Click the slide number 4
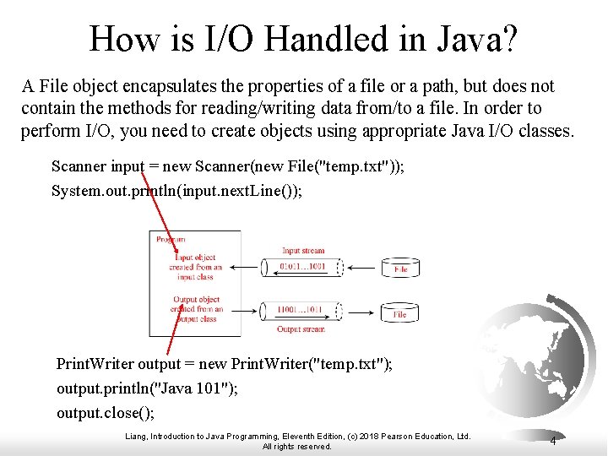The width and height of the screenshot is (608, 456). pyautogui.click(x=552, y=441)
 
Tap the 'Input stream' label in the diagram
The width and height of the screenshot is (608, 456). pyautogui.click(x=302, y=251)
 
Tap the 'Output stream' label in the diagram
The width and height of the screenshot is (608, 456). pyautogui.click(x=301, y=329)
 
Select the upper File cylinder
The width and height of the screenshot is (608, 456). pyautogui.click(x=400, y=268)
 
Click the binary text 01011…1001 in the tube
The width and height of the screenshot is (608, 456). pyautogui.click(x=301, y=268)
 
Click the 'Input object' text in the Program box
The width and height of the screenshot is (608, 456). pyautogui.click(x=195, y=258)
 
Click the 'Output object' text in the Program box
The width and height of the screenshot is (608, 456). pyautogui.click(x=196, y=300)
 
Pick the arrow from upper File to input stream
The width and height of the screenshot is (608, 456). pyautogui.click(x=362, y=269)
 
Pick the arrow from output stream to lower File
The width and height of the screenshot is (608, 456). pyautogui.click(x=362, y=312)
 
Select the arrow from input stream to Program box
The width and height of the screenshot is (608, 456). pyautogui.click(x=246, y=268)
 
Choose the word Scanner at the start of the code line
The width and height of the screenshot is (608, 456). pyautogui.click(x=79, y=166)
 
